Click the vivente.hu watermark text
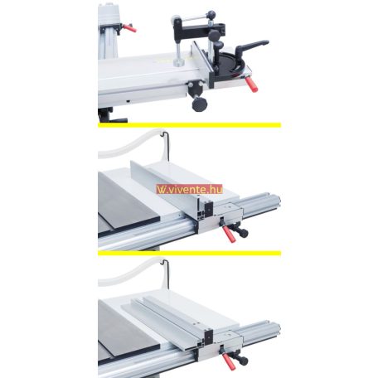(190, 189)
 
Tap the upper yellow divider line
(190, 125)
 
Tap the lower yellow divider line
(190, 253)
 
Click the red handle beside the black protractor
(251, 84)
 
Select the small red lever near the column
(129, 28)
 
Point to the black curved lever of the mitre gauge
(250, 46)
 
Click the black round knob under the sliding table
(199, 103)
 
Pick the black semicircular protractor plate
(230, 63)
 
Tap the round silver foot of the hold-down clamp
(179, 63)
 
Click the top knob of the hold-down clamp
(211, 14)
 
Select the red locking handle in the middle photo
(229, 235)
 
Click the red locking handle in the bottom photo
(229, 361)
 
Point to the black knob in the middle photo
(242, 233)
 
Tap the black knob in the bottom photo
(242, 361)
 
